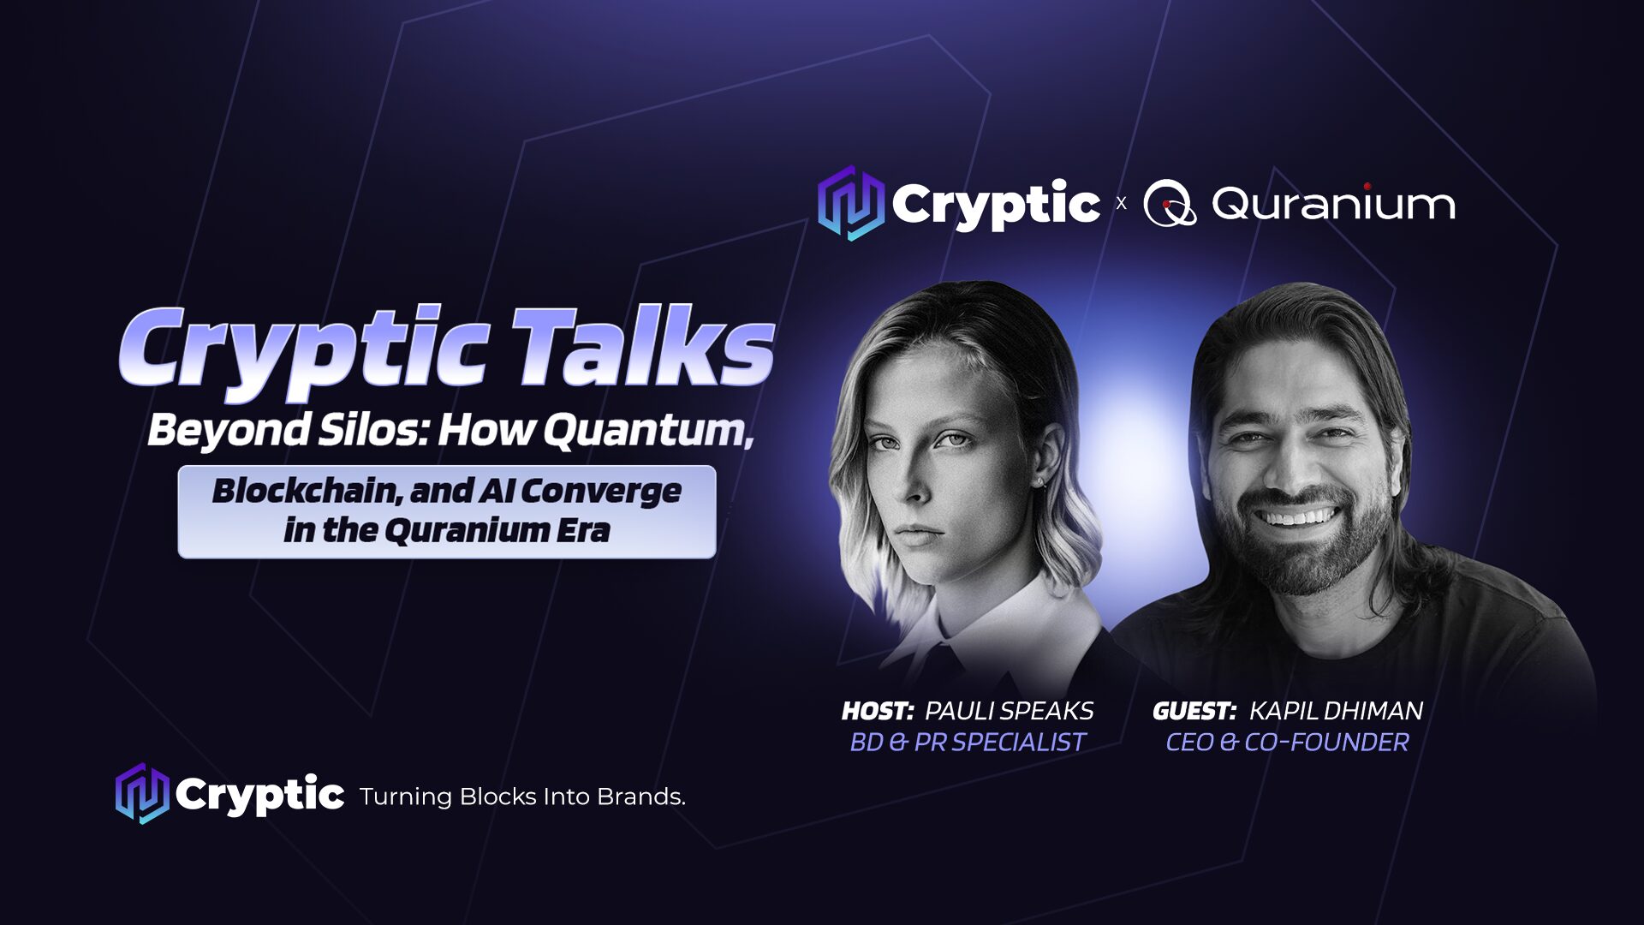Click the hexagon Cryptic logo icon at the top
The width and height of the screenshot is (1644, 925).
[850, 203]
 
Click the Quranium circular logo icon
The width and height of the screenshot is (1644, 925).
[1170, 204]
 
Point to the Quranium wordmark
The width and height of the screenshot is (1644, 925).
[1333, 204]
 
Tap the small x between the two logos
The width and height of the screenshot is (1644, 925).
[1121, 204]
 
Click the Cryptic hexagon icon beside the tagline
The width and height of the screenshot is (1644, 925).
[142, 793]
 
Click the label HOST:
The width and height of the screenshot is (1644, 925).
[878, 711]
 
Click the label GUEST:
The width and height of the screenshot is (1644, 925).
[1194, 711]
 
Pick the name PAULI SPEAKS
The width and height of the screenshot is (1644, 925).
[1010, 711]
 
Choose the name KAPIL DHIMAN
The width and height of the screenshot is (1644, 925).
[1336, 711]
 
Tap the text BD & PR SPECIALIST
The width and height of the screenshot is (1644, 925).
[968, 742]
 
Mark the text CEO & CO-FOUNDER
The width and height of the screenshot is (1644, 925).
[1287, 742]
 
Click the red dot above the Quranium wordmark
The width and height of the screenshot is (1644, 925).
[1367, 186]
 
